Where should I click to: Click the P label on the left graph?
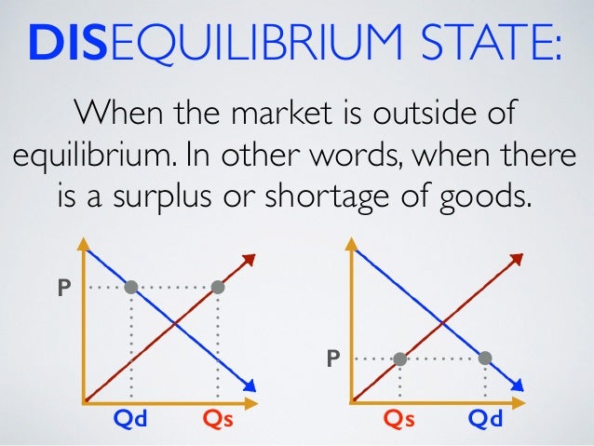pyautogui.click(x=63, y=289)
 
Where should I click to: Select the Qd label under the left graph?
pyautogui.click(x=129, y=421)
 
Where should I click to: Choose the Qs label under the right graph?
pyautogui.click(x=399, y=421)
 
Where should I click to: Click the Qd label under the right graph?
pyautogui.click(x=485, y=421)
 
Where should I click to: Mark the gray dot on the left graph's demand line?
pyautogui.click(x=131, y=288)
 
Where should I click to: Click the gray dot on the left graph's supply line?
pyautogui.click(x=218, y=288)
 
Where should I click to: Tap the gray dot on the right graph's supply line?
pyautogui.click(x=399, y=358)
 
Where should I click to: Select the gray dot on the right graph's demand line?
pyautogui.click(x=485, y=358)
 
